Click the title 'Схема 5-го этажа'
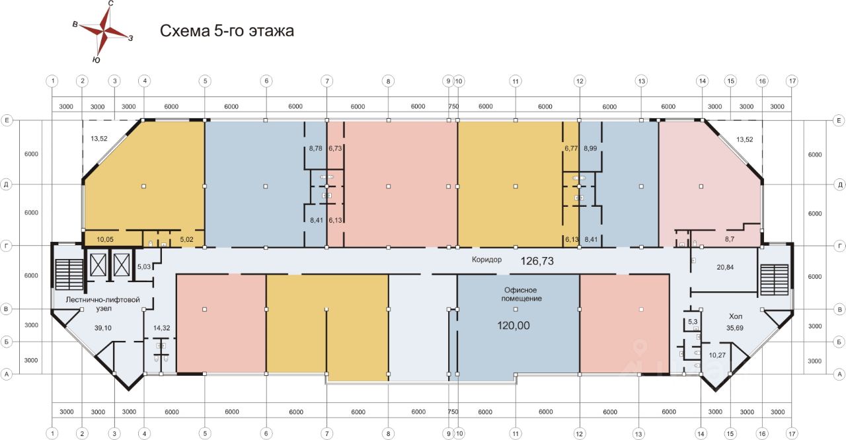227,30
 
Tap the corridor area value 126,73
537,261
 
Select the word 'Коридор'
486,260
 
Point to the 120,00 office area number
514,325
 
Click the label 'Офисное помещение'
521,295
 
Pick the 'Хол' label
736,316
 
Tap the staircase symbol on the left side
69,274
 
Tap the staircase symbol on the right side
774,279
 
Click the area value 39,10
102,328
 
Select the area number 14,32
161,328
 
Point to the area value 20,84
725,267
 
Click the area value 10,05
105,239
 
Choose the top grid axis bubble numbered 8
388,81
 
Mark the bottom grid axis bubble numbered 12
580,433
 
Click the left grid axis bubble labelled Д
6,184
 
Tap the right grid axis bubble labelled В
839,309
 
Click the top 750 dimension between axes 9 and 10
453,106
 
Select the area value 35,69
734,328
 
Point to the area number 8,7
729,239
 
